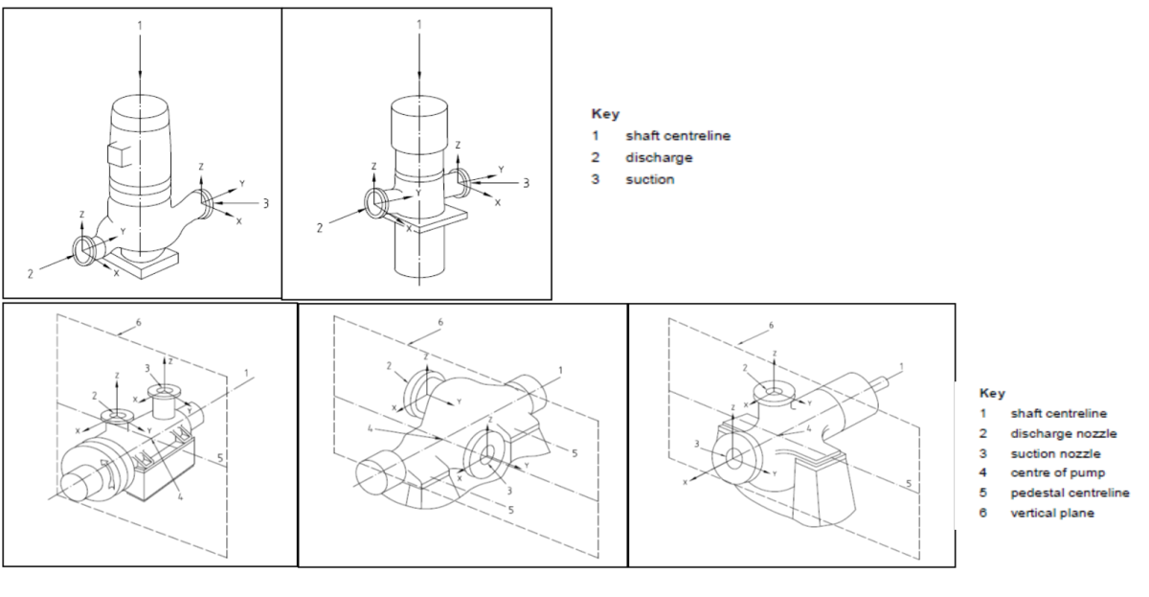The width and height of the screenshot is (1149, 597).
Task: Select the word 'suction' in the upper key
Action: tap(649, 179)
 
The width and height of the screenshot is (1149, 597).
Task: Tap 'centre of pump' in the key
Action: tap(1057, 472)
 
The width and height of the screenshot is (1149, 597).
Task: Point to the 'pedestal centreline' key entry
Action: tap(1070, 493)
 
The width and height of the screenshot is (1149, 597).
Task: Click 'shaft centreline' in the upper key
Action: tap(677, 135)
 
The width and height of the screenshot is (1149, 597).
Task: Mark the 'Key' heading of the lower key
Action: tap(992, 393)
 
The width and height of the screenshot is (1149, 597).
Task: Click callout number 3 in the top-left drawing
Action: tap(266, 203)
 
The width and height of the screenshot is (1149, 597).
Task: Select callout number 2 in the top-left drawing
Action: tap(31, 275)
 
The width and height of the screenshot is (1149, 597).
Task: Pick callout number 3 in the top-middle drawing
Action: tap(526, 182)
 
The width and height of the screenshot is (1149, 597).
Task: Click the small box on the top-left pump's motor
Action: tap(118, 153)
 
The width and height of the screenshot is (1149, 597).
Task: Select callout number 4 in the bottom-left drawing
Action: tap(179, 495)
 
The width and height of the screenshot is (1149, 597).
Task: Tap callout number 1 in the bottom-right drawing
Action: tap(901, 367)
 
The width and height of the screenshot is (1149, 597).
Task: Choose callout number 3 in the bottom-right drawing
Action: tap(696, 442)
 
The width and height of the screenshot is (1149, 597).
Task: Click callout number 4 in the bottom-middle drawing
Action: tap(370, 429)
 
